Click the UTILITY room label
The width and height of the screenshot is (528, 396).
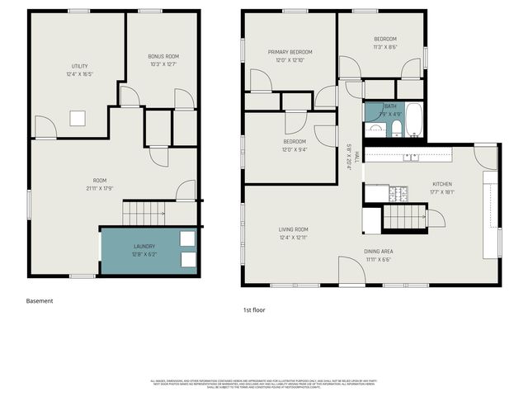[x=79, y=67]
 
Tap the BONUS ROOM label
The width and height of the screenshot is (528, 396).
[x=163, y=56]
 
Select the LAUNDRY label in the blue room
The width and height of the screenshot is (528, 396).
[x=144, y=247]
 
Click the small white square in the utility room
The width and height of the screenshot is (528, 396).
[x=78, y=119]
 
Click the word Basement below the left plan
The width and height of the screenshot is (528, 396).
[x=40, y=301]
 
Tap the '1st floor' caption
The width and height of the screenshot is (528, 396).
[x=255, y=310]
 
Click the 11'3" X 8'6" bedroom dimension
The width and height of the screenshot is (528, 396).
[x=384, y=47]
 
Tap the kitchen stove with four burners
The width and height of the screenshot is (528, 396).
[x=399, y=195]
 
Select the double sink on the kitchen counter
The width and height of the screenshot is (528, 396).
[x=409, y=156]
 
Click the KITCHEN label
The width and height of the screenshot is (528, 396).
[x=442, y=184]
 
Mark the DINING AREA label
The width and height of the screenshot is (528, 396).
[x=379, y=252]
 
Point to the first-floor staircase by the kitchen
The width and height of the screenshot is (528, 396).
[x=404, y=218]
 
